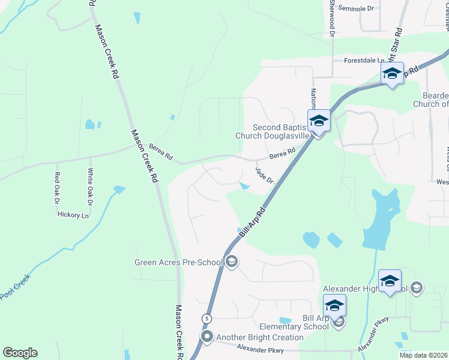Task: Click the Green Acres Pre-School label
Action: [178, 262]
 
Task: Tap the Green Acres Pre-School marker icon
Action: [231, 261]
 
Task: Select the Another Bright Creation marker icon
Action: [207, 337]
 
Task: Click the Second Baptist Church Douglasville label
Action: [280, 131]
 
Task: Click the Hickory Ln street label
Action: [73, 215]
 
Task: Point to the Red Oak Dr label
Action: [57, 187]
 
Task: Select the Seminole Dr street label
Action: [356, 8]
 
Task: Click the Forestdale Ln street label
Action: [364, 61]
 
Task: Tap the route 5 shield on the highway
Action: [206, 318]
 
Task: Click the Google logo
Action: [20, 353]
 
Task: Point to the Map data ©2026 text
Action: [423, 355]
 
